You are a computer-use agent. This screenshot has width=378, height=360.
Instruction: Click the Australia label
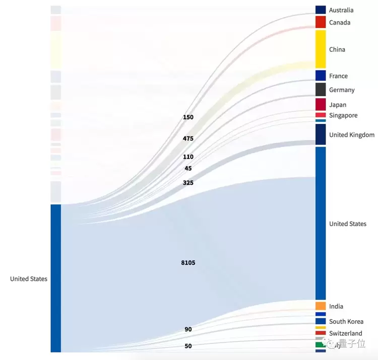pyautogui.click(x=341, y=10)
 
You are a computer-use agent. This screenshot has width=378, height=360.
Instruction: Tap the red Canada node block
pyautogui.click(x=321, y=22)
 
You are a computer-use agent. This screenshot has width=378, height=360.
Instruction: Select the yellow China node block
pyautogui.click(x=321, y=49)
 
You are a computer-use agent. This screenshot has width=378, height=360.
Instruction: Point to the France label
pyautogui.click(x=338, y=76)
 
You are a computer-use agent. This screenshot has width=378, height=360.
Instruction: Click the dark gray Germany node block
pyautogui.click(x=321, y=90)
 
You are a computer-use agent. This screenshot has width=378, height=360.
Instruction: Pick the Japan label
pyautogui.click(x=338, y=105)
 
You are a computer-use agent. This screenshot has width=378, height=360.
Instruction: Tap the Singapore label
pyautogui.click(x=343, y=115)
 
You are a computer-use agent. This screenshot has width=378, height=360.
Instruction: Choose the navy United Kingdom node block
pyautogui.click(x=321, y=134)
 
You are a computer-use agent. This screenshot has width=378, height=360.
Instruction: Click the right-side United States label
pyautogui.click(x=348, y=224)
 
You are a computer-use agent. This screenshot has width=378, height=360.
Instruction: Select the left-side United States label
pyautogui.click(x=29, y=279)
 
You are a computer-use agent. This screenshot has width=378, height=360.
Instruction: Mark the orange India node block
pyautogui.click(x=321, y=306)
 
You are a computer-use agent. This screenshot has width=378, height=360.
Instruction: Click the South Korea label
pyautogui.click(x=346, y=321)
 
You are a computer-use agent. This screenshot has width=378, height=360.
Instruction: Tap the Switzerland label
pyautogui.click(x=346, y=333)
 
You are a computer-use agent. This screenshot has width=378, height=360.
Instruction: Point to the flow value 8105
pyautogui.click(x=188, y=263)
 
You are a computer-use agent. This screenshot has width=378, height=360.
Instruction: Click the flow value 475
pyautogui.click(x=188, y=138)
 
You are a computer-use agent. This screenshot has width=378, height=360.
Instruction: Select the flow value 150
pyautogui.click(x=188, y=117)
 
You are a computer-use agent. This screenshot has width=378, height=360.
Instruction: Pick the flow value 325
pyautogui.click(x=188, y=183)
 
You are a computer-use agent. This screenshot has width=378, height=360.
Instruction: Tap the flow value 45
pyautogui.click(x=188, y=169)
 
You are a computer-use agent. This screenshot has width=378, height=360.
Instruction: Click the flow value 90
pyautogui.click(x=188, y=329)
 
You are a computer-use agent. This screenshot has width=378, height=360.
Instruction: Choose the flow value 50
pyautogui.click(x=188, y=346)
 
